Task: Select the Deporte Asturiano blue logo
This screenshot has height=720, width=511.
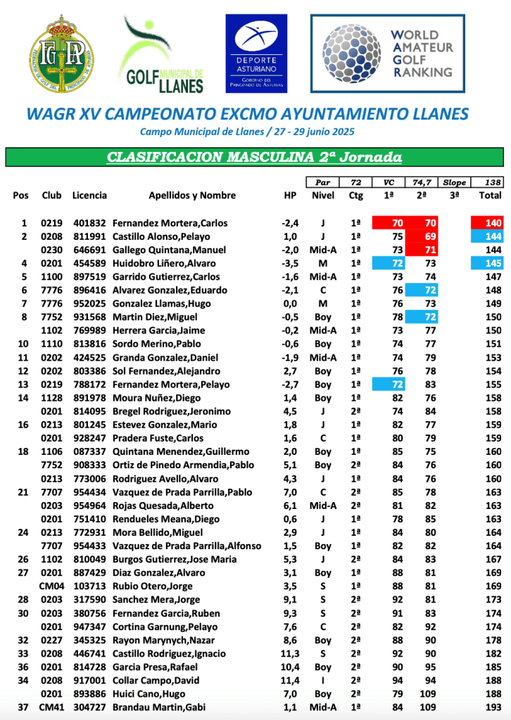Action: coord(255,53)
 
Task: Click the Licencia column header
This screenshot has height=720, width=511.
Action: coord(89,195)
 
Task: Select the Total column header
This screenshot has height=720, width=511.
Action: coord(489,195)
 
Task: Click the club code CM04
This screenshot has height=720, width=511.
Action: coord(51,586)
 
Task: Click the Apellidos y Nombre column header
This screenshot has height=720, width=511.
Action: coord(192,195)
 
